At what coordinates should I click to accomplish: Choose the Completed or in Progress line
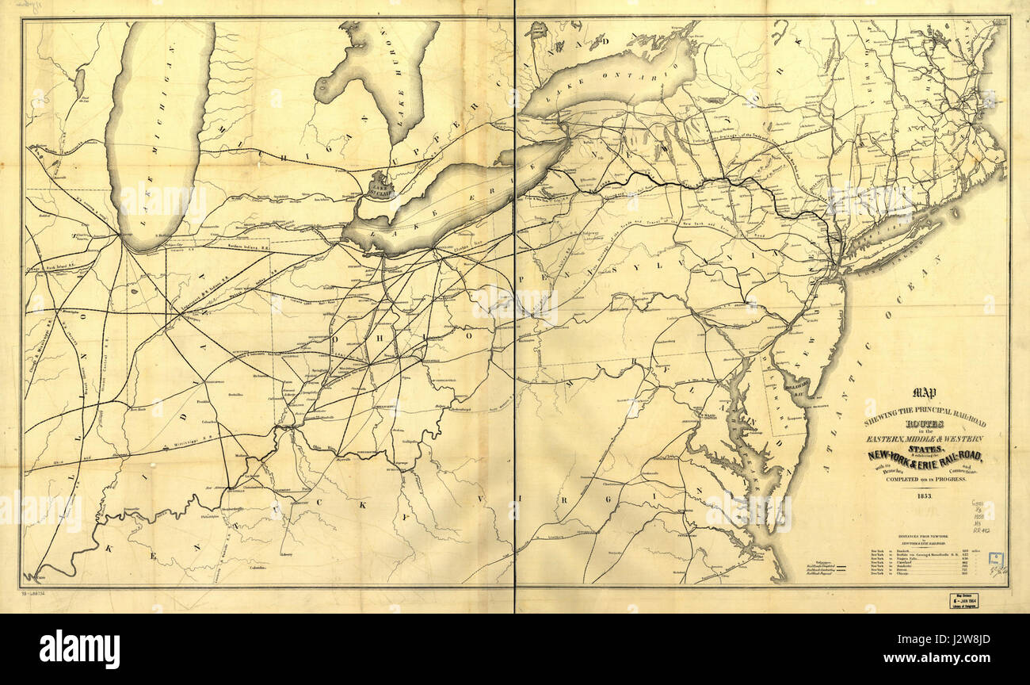923,480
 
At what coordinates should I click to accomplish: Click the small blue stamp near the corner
995,561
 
